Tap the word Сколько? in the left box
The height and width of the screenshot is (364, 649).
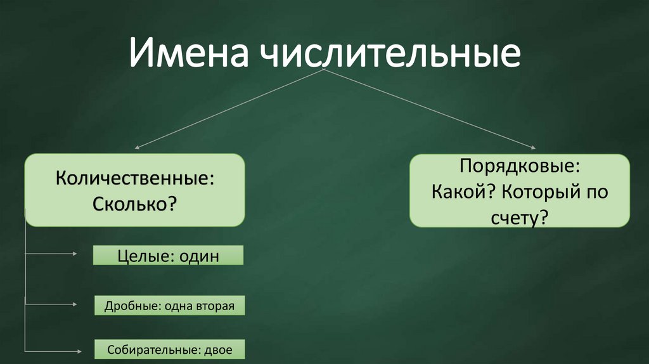tap(134, 204)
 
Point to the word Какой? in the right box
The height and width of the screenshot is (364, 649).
tap(461, 192)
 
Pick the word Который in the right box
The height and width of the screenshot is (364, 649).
tap(541, 192)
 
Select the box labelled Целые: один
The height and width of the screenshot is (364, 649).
tap(168, 256)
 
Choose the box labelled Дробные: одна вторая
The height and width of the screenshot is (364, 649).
tap(169, 306)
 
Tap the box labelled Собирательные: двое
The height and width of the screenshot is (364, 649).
tap(169, 349)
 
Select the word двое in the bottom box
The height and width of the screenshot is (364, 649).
tap(218, 349)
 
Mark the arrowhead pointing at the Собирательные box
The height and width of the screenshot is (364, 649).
tap(78, 350)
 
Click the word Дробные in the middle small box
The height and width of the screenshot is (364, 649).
tap(122, 306)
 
